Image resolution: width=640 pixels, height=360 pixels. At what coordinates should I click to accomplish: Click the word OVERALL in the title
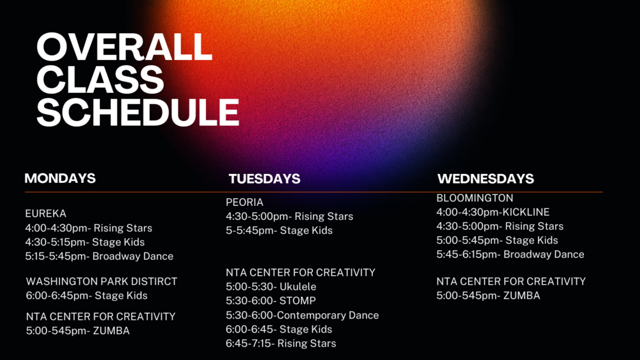point(124,47)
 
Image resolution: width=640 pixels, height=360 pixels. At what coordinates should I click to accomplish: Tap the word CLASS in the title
point(101,80)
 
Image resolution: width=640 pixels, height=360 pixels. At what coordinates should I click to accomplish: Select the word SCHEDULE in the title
point(138,112)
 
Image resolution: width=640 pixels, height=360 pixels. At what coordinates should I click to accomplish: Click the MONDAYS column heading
point(60,178)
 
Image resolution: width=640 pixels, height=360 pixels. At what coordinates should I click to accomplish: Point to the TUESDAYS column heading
point(265,179)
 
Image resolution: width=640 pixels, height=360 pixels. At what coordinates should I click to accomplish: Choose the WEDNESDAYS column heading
point(486,179)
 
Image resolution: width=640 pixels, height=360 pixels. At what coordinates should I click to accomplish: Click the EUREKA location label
point(46,213)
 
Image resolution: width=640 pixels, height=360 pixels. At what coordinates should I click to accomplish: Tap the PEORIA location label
point(245,202)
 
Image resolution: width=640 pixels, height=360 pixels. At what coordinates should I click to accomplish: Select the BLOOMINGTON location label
point(475,198)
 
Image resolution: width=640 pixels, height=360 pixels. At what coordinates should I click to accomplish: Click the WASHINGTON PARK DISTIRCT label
point(101,281)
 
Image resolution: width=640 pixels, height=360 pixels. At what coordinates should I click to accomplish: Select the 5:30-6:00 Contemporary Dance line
point(302,315)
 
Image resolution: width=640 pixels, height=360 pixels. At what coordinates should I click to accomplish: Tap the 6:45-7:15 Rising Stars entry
point(281,343)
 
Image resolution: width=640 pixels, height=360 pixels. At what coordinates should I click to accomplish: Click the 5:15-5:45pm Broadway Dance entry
point(99,256)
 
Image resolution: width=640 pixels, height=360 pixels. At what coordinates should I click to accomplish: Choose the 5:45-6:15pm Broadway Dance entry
point(510,254)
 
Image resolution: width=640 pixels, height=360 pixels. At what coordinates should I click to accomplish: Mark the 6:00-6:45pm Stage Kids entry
point(87,296)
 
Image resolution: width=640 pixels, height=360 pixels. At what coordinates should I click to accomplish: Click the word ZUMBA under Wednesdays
point(521,296)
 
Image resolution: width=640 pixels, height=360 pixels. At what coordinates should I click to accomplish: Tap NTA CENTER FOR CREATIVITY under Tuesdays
point(300,272)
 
